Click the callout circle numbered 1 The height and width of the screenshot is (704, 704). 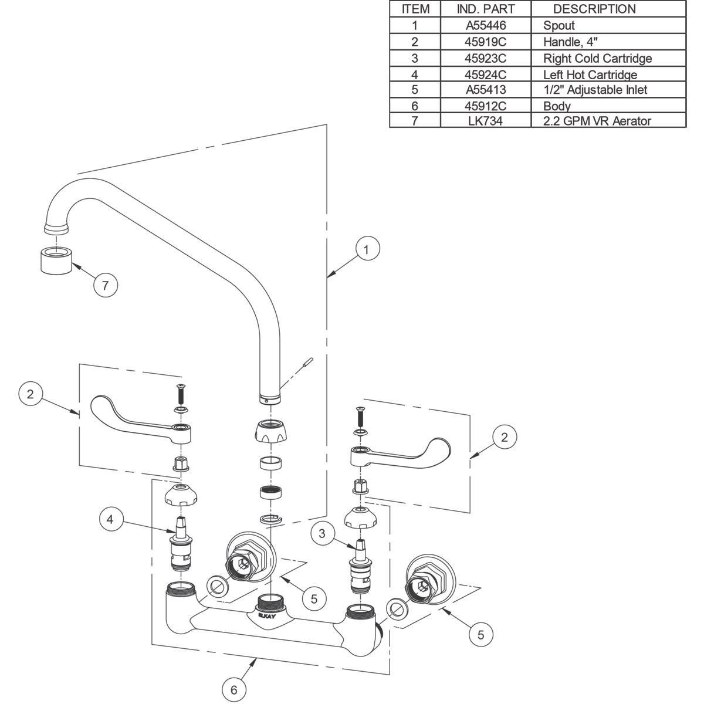pos(367,249)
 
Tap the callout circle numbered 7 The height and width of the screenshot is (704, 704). pos(106,286)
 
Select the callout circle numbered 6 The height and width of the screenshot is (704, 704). pos(234,690)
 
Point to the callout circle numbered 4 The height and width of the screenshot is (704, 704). pos(111,519)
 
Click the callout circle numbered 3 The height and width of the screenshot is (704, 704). pos(322,533)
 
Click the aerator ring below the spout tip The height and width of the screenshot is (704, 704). pos(56,260)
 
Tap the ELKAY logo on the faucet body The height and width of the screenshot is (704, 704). pos(266,616)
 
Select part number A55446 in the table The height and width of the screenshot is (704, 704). pos(485,25)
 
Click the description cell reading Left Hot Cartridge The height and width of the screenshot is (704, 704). pos(590,75)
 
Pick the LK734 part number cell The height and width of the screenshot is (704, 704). pos(485,121)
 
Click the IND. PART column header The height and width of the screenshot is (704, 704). pos(485,9)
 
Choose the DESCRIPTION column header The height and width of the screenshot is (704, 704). pos(594,9)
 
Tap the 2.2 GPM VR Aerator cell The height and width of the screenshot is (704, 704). pos(597,121)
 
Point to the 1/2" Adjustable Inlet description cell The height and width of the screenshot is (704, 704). pos(595,90)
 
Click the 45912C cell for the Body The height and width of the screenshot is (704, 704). pos(485,106)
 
